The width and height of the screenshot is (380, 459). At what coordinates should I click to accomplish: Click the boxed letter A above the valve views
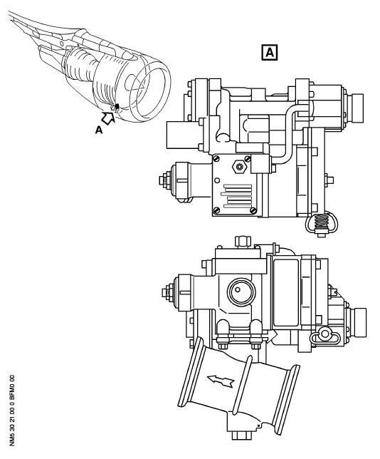click(269, 53)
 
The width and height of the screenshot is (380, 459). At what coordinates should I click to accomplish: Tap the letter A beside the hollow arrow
click(99, 130)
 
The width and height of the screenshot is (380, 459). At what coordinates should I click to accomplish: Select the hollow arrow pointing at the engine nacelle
click(108, 118)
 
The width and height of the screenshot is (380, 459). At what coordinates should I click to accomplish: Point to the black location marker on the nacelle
click(117, 106)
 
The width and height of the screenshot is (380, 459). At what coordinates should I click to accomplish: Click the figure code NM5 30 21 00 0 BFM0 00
click(12, 411)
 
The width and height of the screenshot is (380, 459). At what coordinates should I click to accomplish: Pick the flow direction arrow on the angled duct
click(221, 381)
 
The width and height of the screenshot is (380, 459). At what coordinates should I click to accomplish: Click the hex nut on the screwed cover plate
click(240, 167)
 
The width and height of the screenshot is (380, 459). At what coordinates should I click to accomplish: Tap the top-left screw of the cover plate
click(216, 159)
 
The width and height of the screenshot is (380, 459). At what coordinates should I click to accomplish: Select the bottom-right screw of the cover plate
click(253, 210)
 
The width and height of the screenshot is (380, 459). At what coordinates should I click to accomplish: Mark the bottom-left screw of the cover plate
click(216, 210)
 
